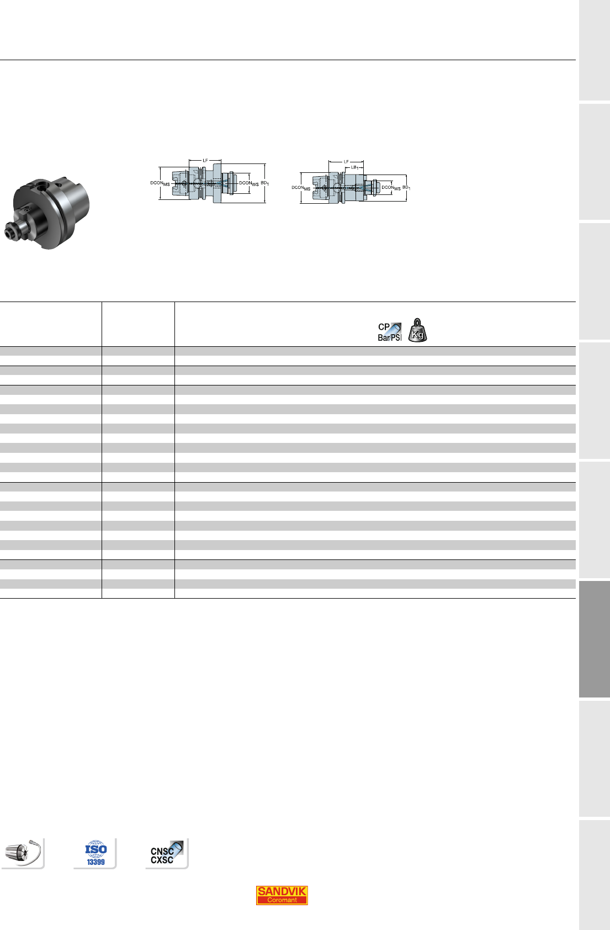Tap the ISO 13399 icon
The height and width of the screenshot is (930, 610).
[96, 853]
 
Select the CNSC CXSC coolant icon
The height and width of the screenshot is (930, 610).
[167, 853]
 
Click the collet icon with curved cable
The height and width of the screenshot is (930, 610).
[23, 853]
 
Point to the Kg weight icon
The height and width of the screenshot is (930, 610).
[417, 330]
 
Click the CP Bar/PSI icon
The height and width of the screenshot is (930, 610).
[390, 332]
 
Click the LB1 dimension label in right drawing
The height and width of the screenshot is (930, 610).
[355, 167]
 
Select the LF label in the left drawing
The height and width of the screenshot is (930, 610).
[205, 160]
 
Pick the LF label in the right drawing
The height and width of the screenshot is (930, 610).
[346, 161]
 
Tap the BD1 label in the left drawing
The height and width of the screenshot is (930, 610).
[265, 183]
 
